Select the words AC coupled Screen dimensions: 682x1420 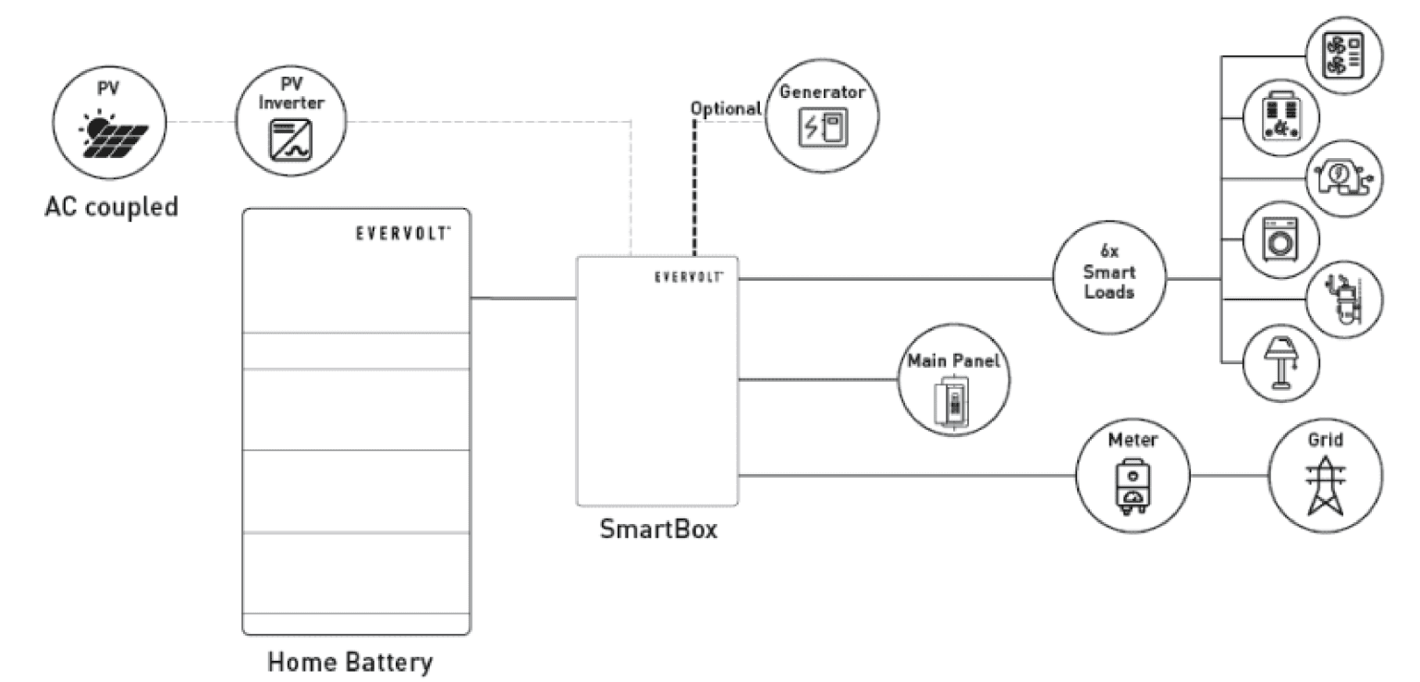tap(111, 205)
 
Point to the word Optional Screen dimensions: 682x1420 tap(726, 108)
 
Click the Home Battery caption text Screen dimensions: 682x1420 tap(350, 662)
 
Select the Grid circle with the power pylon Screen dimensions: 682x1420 tap(1327, 475)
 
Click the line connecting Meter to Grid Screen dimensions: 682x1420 tap(1229, 477)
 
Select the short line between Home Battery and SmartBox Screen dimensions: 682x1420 tap(523, 298)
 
